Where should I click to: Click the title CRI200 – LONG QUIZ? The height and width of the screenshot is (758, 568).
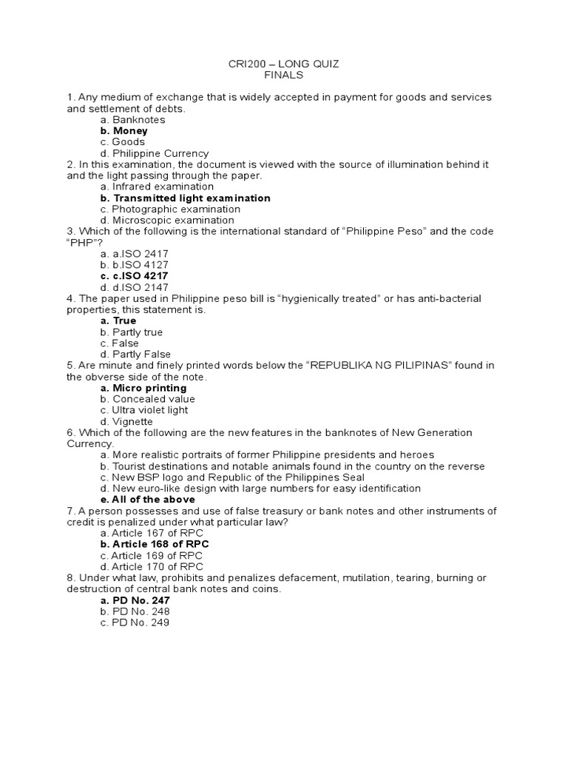tap(284, 64)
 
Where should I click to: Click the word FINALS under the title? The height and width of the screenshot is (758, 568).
tap(284, 76)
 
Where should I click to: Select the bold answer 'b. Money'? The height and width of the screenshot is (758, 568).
tap(124, 131)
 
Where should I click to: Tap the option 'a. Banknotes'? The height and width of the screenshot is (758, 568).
tap(133, 120)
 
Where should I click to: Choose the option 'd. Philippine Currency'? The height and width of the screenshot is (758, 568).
tap(155, 153)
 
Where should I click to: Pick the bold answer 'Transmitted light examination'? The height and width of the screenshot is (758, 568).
tap(186, 198)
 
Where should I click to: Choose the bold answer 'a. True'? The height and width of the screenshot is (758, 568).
tap(118, 321)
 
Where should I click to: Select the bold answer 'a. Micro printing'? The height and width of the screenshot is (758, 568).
tap(143, 388)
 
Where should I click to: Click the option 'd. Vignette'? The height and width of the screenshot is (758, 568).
tap(126, 422)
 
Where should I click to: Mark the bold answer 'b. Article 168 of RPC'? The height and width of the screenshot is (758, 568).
tap(155, 544)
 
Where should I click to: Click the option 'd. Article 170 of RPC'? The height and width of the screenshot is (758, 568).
tap(152, 566)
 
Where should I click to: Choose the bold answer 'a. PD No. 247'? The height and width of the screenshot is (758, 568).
tap(135, 600)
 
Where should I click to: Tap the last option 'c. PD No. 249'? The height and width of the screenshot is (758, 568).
tap(135, 623)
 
